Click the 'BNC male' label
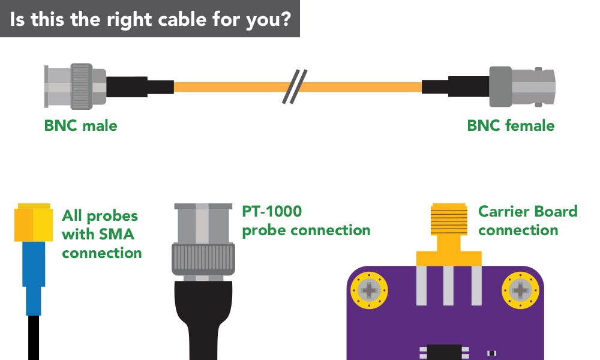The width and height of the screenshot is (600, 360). pyautogui.click(x=80, y=126)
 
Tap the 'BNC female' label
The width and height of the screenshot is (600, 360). pyautogui.click(x=511, y=126)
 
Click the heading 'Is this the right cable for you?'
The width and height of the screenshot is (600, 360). pyautogui.click(x=150, y=19)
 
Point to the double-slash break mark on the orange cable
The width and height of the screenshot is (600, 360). pyautogui.click(x=295, y=86)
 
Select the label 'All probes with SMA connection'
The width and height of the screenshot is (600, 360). pyautogui.click(x=101, y=234)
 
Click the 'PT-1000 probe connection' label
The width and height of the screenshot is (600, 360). pyautogui.click(x=306, y=221)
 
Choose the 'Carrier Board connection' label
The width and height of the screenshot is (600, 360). pyautogui.click(x=527, y=221)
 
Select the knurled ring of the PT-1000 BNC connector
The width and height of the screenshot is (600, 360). pyautogui.click(x=202, y=259)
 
